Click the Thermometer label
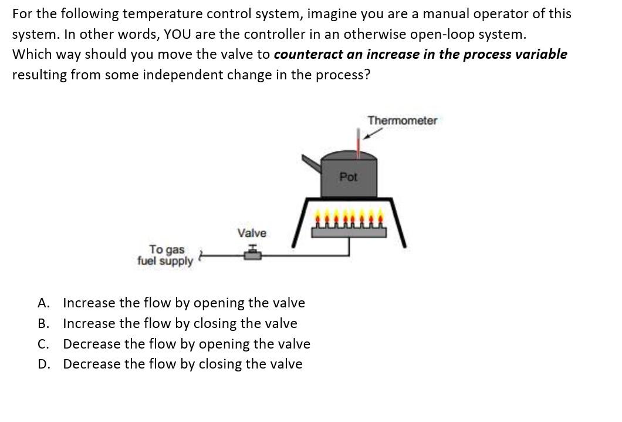pos(402,120)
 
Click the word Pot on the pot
pos(349,176)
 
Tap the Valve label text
pos(252,233)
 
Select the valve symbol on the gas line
pos(254,252)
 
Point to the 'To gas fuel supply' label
pos(165,256)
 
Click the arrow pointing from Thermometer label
pos(370,135)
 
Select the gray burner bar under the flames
pos(349,232)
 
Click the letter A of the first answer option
pos(43,303)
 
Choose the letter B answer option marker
pos(43,324)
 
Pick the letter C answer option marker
pos(43,344)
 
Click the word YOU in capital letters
pos(180,34)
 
